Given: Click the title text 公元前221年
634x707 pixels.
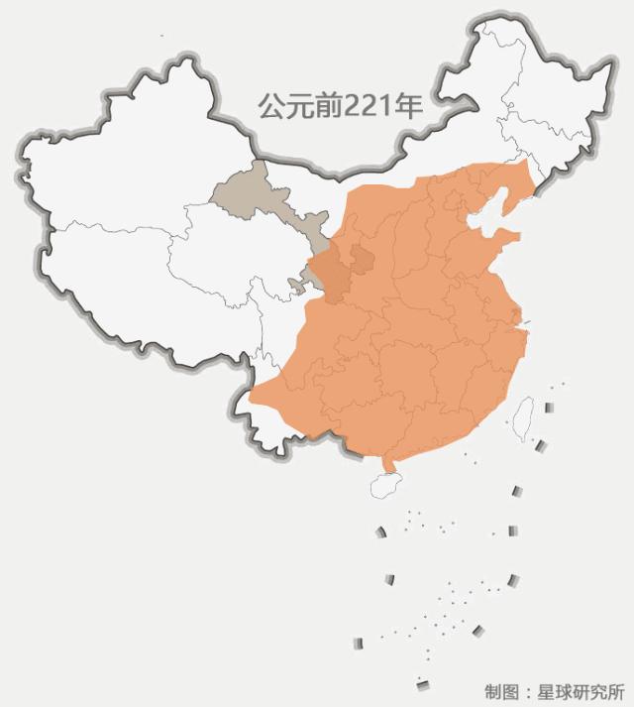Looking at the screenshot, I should point(340,107).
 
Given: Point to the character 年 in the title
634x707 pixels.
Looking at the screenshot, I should point(410,107).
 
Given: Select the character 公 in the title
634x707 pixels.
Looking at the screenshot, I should point(270,107).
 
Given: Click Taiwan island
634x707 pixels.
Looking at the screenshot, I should point(522,416).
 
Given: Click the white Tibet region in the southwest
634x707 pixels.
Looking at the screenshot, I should point(129,297).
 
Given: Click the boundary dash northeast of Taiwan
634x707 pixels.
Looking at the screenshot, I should point(548,407).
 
